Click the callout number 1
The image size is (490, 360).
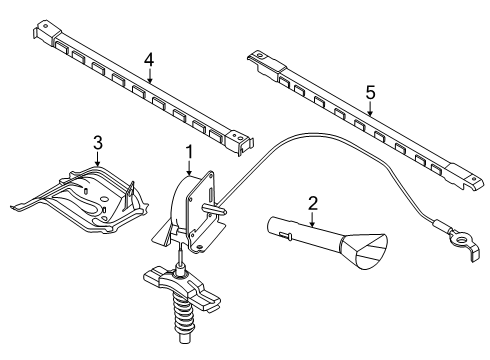(x=189, y=152)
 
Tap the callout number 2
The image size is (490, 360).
(x=313, y=203)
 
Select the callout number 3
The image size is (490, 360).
(x=97, y=143)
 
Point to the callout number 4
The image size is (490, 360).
(x=149, y=60)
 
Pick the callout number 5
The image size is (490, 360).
(x=370, y=92)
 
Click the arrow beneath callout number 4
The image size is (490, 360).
(x=150, y=76)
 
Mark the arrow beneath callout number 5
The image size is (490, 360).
(x=370, y=109)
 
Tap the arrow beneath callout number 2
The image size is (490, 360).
(x=312, y=219)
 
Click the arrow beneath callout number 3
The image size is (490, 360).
(x=97, y=159)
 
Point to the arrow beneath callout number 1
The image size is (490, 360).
(x=189, y=168)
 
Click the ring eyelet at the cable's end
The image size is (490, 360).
(x=461, y=239)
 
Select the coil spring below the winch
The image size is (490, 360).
(x=183, y=316)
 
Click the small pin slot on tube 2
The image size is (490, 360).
(x=284, y=235)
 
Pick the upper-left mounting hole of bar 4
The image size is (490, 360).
(x=46, y=26)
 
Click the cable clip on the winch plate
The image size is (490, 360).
(x=214, y=209)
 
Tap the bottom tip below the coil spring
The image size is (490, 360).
(x=184, y=338)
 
